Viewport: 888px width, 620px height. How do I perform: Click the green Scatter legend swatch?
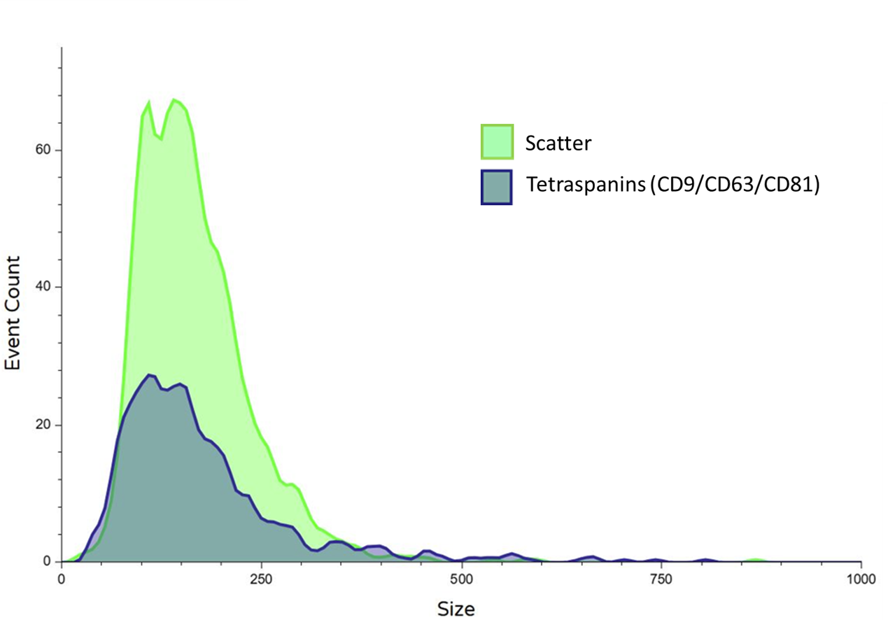pyautogui.click(x=497, y=141)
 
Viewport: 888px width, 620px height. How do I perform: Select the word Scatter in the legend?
pyautogui.click(x=558, y=143)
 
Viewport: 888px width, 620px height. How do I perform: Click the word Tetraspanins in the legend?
pyautogui.click(x=586, y=185)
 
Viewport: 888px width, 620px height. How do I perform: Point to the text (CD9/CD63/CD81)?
pyautogui.click(x=734, y=185)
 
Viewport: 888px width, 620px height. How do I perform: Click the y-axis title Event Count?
pyautogui.click(x=13, y=313)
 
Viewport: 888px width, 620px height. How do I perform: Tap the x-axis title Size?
pyautogui.click(x=456, y=609)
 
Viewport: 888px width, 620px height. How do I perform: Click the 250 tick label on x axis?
pyautogui.click(x=261, y=579)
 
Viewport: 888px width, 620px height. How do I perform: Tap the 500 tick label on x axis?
pyautogui.click(x=461, y=579)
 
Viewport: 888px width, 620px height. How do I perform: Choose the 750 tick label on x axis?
pyautogui.click(x=661, y=579)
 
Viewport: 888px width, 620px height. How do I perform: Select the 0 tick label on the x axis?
pyautogui.click(x=62, y=579)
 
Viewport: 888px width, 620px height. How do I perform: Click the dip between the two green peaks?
pyautogui.click(x=160, y=139)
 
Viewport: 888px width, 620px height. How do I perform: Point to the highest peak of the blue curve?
pyautogui.click(x=149, y=376)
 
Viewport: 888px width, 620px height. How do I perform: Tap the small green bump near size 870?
pyautogui.click(x=755, y=560)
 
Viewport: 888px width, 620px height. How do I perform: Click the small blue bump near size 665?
pyautogui.click(x=593, y=557)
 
